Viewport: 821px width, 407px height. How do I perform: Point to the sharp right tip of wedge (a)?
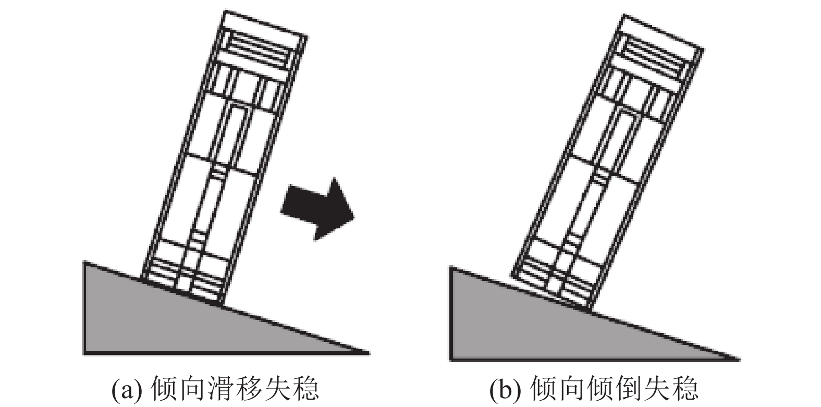click(x=368, y=353)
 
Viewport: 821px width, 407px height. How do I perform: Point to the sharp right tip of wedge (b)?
click(x=738, y=359)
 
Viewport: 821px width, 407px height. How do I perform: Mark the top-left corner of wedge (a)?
click(x=85, y=263)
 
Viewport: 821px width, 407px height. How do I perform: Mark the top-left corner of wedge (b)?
click(x=451, y=268)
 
